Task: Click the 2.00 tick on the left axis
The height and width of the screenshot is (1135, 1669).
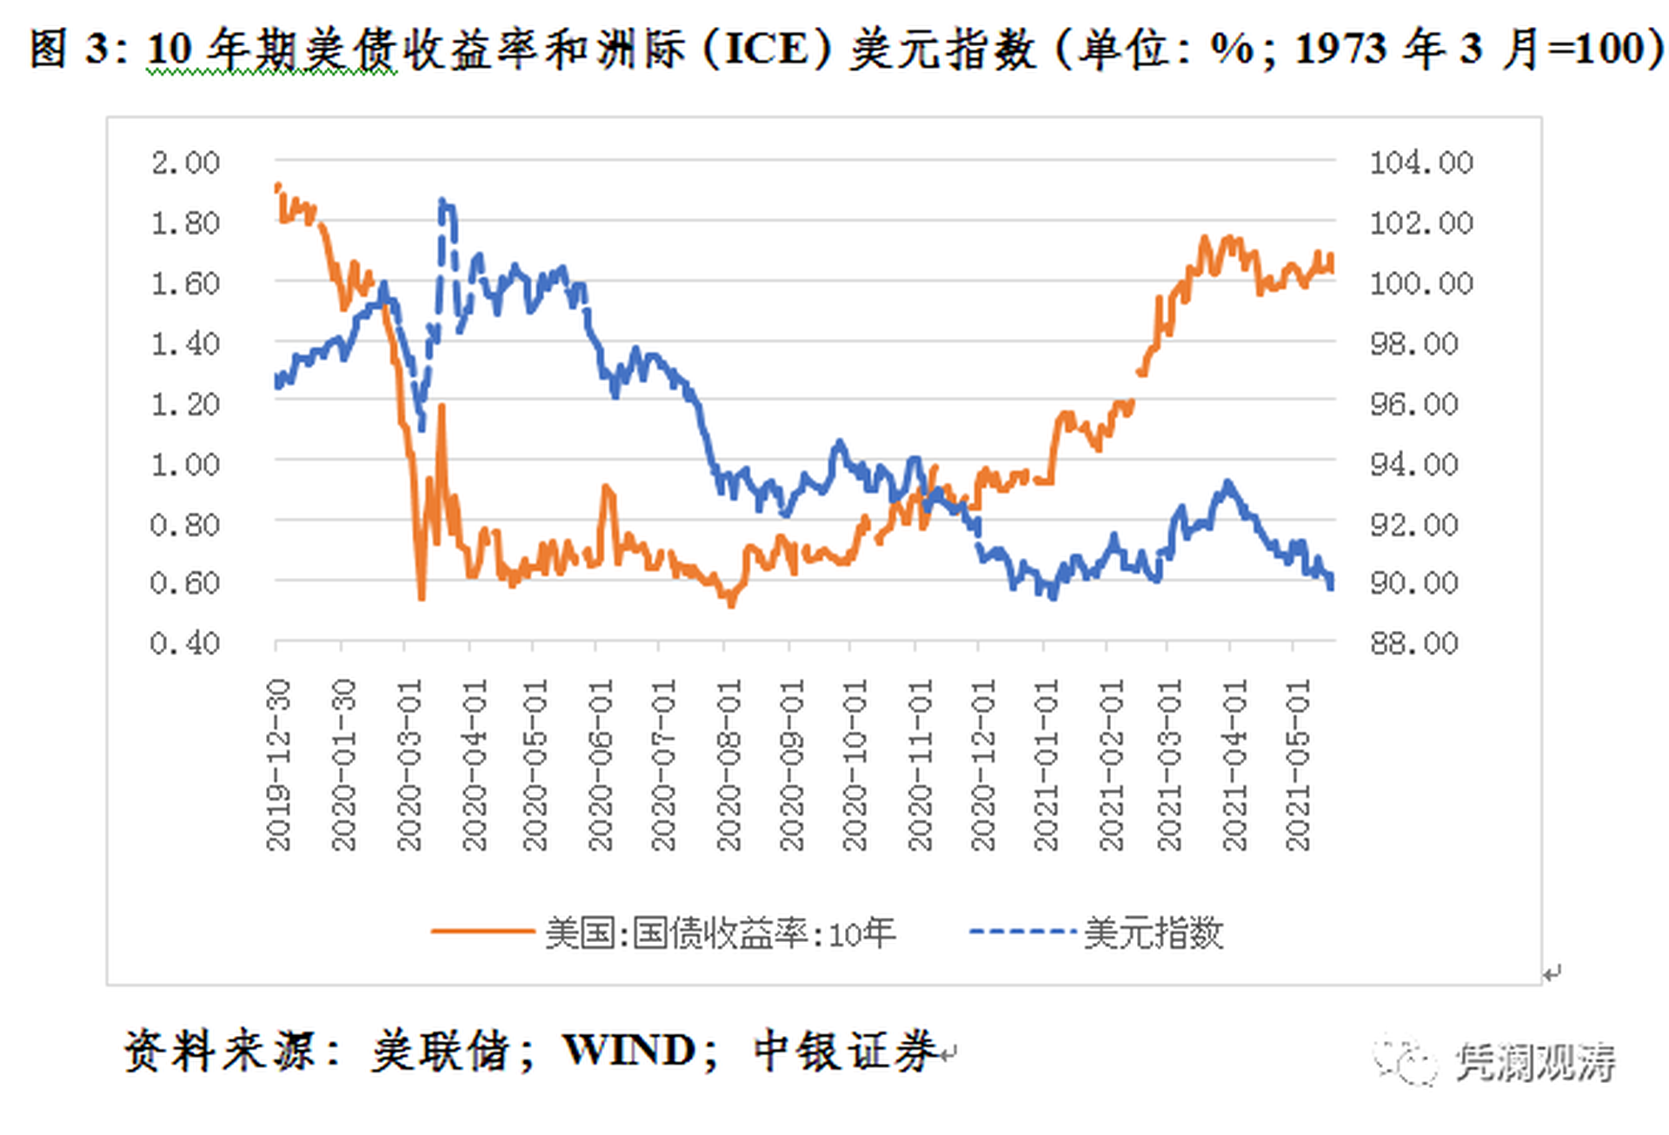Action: [185, 163]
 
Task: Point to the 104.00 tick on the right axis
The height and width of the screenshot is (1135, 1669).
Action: [1421, 163]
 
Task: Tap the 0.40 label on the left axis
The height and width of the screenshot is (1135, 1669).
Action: [185, 643]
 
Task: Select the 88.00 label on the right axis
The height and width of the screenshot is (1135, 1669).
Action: [1414, 643]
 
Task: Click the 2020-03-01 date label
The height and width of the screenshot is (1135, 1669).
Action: [409, 765]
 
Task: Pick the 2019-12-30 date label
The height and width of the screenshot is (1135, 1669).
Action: [278, 765]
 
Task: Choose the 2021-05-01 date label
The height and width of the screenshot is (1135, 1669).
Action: [1298, 765]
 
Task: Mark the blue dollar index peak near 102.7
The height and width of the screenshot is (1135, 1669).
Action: [443, 202]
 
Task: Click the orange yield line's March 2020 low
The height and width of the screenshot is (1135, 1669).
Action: [422, 598]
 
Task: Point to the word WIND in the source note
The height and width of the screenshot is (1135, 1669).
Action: [628, 1052]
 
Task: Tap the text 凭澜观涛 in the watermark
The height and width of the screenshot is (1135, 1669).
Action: [1535, 1062]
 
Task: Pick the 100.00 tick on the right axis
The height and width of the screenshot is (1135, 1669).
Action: [1421, 283]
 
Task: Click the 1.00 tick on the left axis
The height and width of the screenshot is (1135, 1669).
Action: [185, 464]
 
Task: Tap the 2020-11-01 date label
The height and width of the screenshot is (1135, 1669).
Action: [920, 765]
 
